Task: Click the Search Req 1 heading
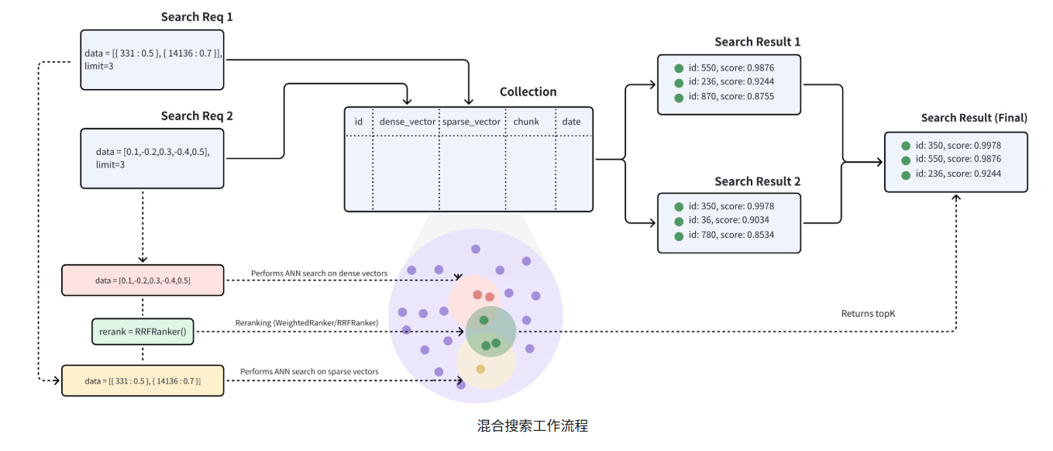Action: pyautogui.click(x=196, y=17)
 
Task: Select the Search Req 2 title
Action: pyautogui.click(x=197, y=116)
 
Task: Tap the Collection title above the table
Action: pyautogui.click(x=528, y=92)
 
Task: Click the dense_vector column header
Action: pyautogui.click(x=407, y=122)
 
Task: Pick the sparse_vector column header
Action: pyautogui.click(x=471, y=122)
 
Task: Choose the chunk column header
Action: pyautogui.click(x=526, y=122)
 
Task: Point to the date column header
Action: pyautogui.click(x=571, y=122)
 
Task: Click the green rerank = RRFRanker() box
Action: pyautogui.click(x=142, y=332)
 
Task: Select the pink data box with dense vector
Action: pyautogui.click(x=143, y=281)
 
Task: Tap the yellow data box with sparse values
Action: pyautogui.click(x=143, y=381)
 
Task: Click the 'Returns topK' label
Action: pyautogui.click(x=868, y=314)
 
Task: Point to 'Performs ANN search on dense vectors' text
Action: pyautogui.click(x=318, y=274)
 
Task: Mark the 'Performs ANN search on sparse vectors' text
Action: pyautogui.click(x=309, y=372)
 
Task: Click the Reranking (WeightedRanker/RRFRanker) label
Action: pyautogui.click(x=306, y=322)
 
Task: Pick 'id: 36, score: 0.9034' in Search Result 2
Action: pyautogui.click(x=725, y=221)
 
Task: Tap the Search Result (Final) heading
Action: pyautogui.click(x=974, y=118)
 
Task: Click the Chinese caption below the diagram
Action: pyautogui.click(x=532, y=426)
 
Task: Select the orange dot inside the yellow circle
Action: pyautogui.click(x=480, y=369)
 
